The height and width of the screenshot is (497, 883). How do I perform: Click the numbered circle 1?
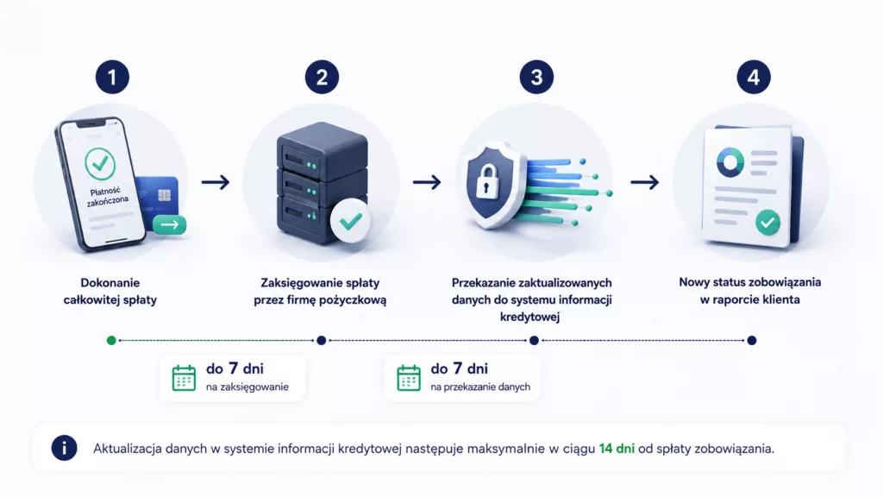[x=112, y=77]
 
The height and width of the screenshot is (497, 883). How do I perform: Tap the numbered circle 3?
[x=536, y=77]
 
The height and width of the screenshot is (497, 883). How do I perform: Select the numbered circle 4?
[x=754, y=77]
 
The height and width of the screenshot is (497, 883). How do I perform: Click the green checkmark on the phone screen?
[x=100, y=163]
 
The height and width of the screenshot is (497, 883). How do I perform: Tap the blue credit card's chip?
[x=165, y=196]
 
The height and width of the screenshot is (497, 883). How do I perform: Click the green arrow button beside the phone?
[x=170, y=225]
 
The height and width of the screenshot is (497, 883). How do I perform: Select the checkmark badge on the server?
[x=350, y=221]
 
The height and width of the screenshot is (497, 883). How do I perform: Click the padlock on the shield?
[x=486, y=181]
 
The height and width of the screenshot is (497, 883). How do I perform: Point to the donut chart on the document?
[x=730, y=161]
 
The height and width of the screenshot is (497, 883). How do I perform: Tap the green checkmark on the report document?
[x=767, y=223]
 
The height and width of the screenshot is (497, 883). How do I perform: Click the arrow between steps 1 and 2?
[x=216, y=182]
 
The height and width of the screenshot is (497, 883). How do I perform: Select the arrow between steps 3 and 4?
[x=644, y=182]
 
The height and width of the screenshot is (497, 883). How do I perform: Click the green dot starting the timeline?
[x=111, y=340]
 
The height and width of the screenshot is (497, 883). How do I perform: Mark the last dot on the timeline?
[x=752, y=340]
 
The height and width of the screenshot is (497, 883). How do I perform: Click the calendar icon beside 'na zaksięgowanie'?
[x=185, y=378]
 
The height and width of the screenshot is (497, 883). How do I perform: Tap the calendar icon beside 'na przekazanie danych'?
[x=409, y=378]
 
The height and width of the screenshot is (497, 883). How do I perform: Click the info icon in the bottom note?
[x=64, y=448]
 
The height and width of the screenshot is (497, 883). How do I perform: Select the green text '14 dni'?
[x=617, y=449]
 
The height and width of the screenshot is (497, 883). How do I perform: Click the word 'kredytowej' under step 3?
[x=530, y=317]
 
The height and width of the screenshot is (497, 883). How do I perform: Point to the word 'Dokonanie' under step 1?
[x=110, y=283]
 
